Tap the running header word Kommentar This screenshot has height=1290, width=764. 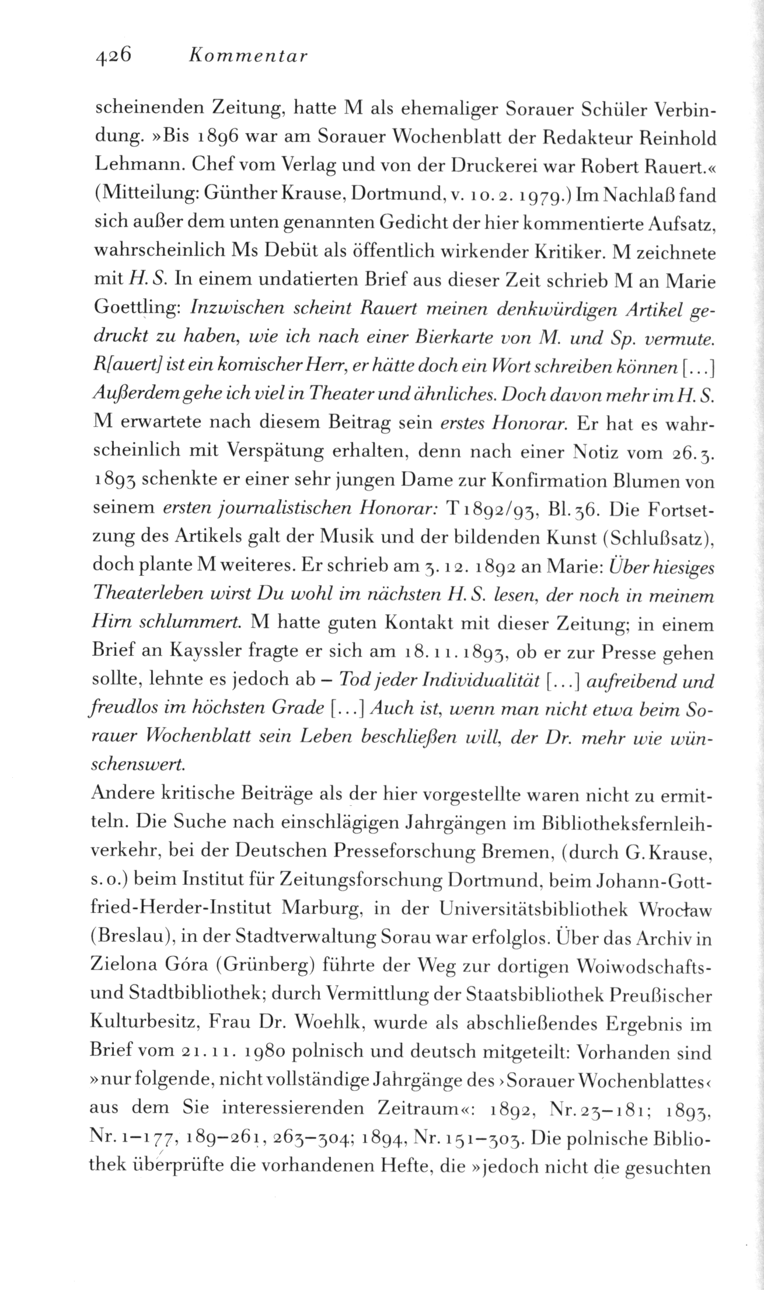247,56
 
